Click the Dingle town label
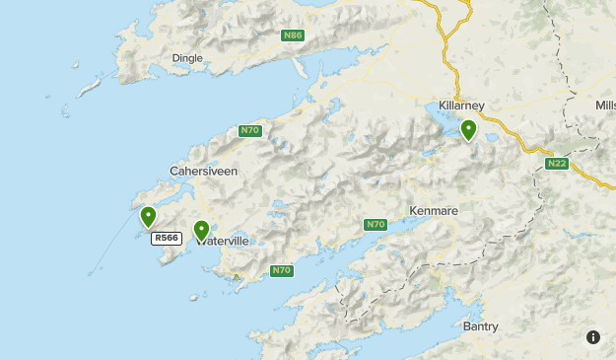click(187, 58)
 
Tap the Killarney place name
click(459, 106)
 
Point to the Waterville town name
click(223, 241)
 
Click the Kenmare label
click(434, 211)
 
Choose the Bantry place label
click(480, 326)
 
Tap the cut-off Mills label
click(605, 106)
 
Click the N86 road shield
click(291, 36)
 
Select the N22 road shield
click(557, 163)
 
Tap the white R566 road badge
click(166, 238)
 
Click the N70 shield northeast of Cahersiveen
click(250, 130)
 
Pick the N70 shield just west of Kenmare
click(375, 225)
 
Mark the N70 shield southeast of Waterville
click(281, 270)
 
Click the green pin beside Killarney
click(468, 129)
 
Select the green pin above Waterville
click(201, 231)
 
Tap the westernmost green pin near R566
click(149, 216)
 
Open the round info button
click(592, 336)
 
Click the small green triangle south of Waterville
click(236, 276)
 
